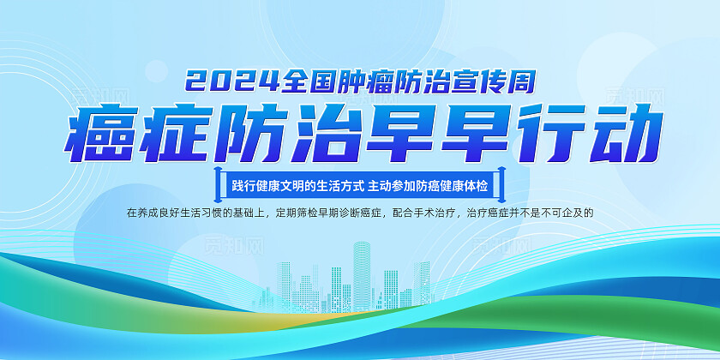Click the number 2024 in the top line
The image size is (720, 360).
point(232,81)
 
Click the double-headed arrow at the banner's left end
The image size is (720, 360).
point(218,184)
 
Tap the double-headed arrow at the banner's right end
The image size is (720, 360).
point(501,184)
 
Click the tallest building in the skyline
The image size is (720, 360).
point(362,275)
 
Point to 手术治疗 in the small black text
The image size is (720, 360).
point(436,213)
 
